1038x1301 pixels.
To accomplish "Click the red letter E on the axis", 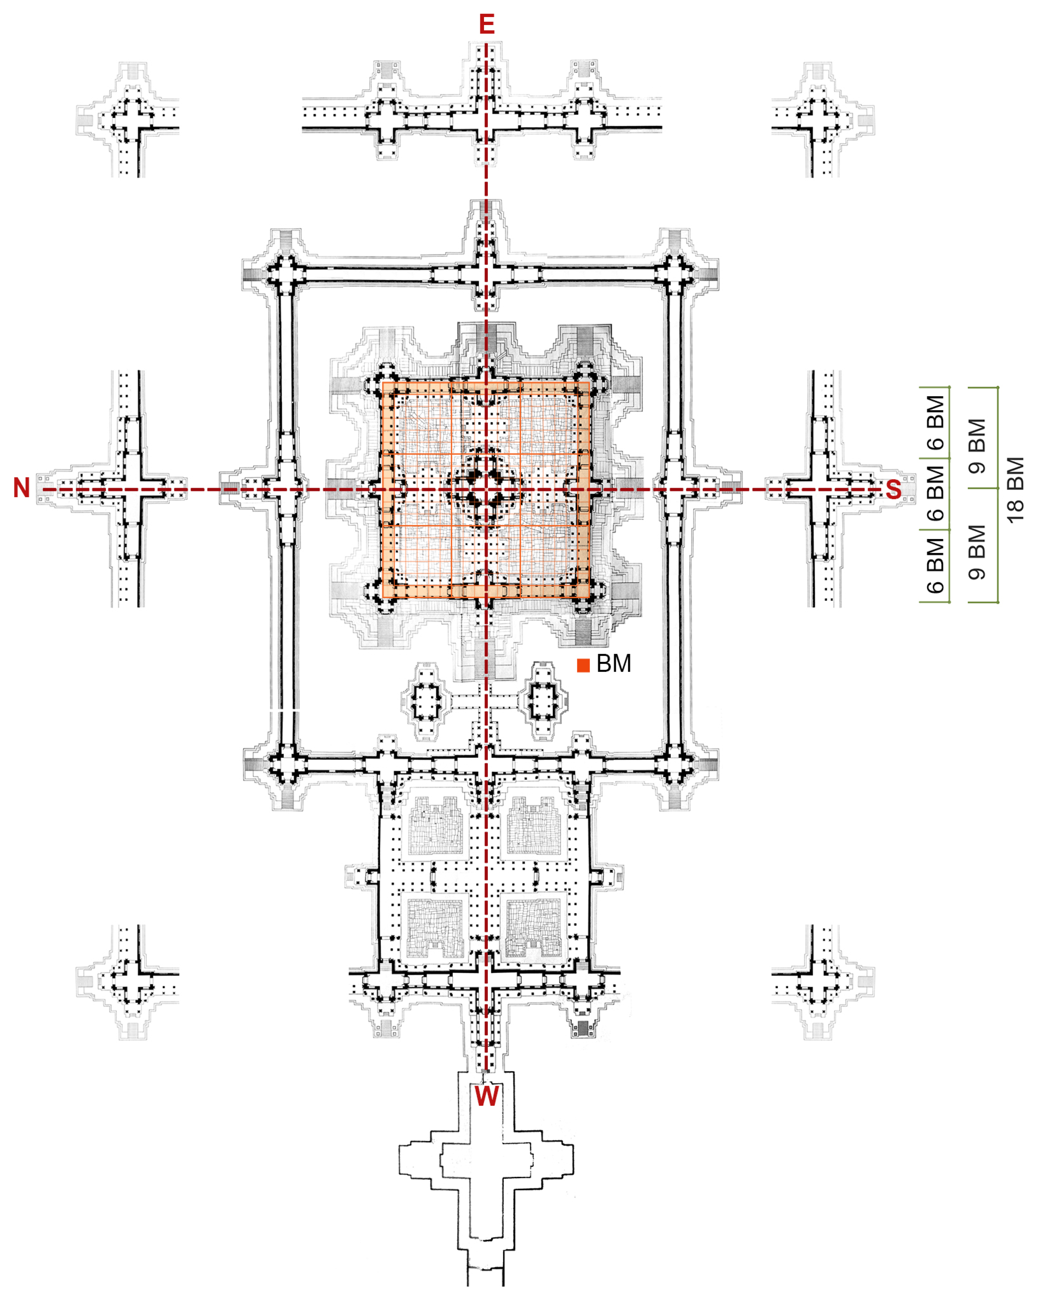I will pos(486,24).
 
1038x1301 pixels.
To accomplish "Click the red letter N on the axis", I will pos(22,488).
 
